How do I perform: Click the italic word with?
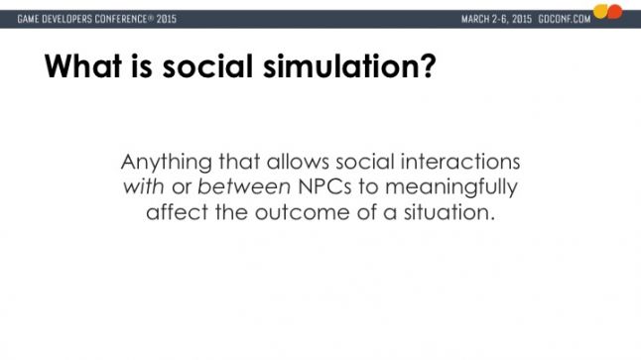[x=143, y=186]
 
